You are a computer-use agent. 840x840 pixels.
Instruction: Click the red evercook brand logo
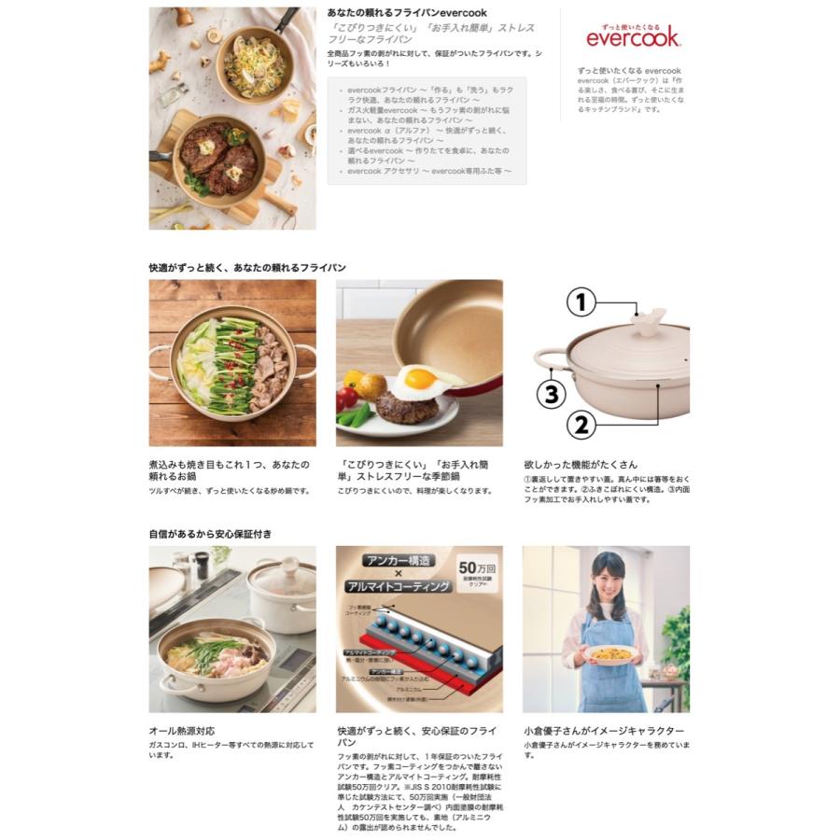[633, 37]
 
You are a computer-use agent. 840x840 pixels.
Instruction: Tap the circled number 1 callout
[581, 302]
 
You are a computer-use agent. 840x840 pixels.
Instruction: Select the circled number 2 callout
[581, 425]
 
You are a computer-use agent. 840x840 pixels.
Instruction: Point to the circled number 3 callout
[552, 393]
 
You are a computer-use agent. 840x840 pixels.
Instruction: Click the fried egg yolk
[420, 379]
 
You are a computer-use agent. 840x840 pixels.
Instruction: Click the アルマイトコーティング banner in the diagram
[399, 586]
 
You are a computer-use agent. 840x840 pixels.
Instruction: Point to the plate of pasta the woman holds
[610, 653]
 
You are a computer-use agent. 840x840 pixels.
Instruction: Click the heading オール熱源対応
[182, 731]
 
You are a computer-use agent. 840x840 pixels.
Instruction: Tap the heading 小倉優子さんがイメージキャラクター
[604, 731]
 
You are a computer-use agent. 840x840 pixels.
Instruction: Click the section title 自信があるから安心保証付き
[210, 534]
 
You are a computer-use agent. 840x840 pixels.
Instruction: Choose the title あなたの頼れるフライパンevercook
[407, 13]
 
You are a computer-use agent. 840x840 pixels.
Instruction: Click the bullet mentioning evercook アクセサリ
[429, 172]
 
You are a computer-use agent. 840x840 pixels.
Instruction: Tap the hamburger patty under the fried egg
[407, 408]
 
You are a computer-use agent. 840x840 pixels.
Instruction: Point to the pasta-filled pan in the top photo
[254, 66]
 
